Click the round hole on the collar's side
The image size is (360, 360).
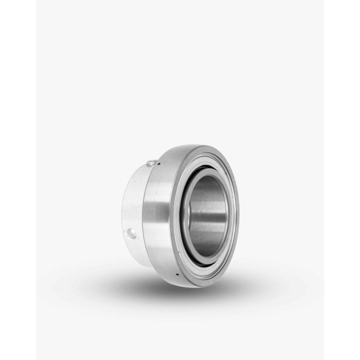pyautogui.click(x=133, y=234)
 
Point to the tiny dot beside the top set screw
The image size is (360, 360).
pyautogui.click(x=159, y=163)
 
